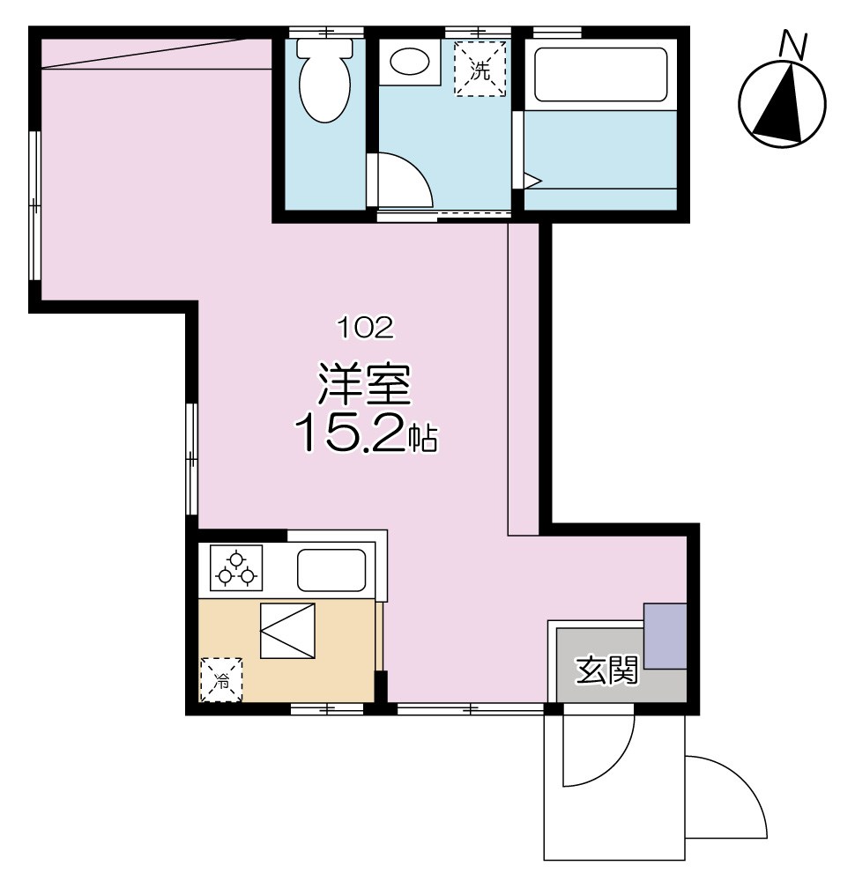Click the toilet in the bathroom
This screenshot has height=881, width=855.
324,81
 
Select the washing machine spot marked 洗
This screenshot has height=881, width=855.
480,69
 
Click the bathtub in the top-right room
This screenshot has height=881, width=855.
601,75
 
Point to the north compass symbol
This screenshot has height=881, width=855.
783,103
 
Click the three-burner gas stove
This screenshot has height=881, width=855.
236,568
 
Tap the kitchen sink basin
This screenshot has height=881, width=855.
331,570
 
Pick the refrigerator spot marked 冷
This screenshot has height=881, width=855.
221,680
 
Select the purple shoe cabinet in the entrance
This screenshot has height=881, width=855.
665,636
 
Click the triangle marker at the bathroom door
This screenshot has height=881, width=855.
532,180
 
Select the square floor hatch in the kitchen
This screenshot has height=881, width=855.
287,629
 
